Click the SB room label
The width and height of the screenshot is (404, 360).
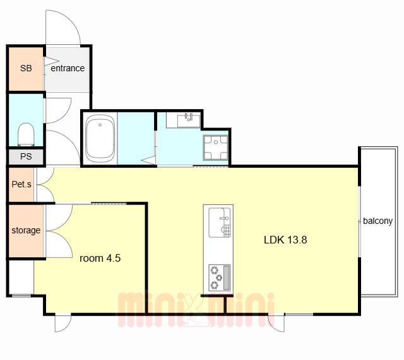(x=26, y=68)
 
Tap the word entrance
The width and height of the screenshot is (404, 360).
(x=68, y=68)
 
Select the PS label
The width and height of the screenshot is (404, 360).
(x=26, y=156)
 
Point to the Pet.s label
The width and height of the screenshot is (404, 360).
(x=21, y=184)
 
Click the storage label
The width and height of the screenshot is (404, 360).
(x=26, y=230)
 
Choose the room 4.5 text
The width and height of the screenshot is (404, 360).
(x=100, y=258)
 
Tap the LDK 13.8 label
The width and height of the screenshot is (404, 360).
(x=285, y=240)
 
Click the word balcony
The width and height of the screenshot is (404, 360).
(x=377, y=221)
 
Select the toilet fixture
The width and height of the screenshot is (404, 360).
(x=26, y=134)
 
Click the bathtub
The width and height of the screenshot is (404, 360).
(x=100, y=138)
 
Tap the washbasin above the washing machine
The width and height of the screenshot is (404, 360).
(x=189, y=120)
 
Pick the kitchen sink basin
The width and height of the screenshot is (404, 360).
(x=219, y=223)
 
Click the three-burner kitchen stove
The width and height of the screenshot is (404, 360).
(x=219, y=277)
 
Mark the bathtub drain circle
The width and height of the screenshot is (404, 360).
(x=100, y=125)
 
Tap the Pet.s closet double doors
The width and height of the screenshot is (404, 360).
(x=45, y=185)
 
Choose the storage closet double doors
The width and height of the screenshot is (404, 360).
(x=59, y=231)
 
